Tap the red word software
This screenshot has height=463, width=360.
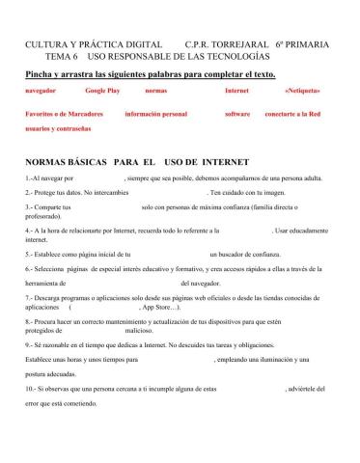coord(237,114)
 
